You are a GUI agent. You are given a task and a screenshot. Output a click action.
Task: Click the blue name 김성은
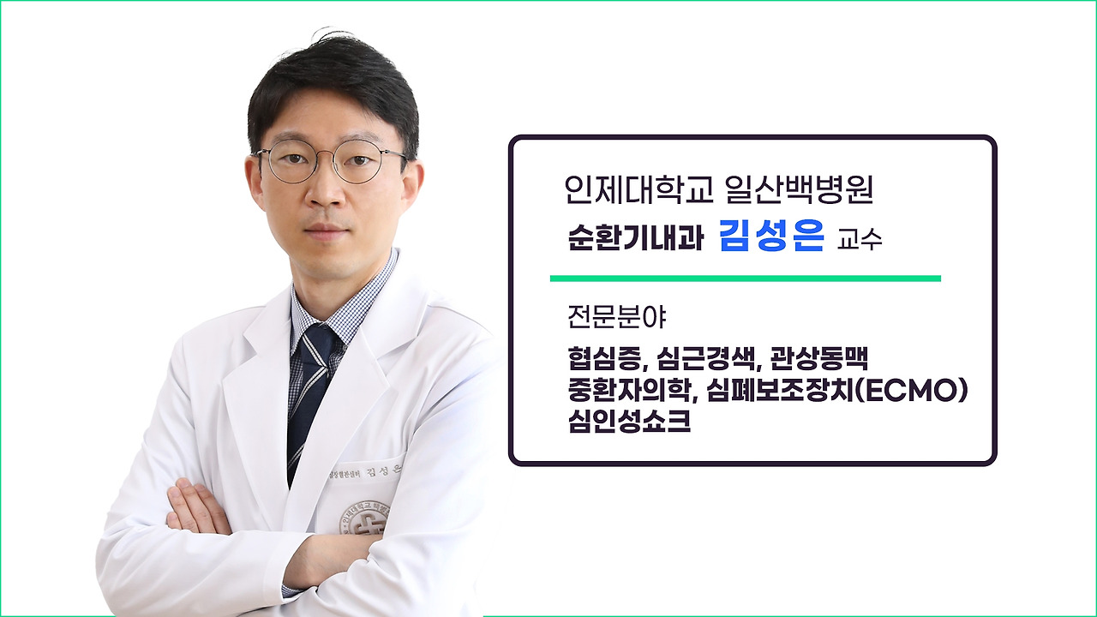(771, 236)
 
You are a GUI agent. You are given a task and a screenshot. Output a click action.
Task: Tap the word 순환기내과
(635, 239)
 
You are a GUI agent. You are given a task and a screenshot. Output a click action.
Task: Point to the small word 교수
(860, 241)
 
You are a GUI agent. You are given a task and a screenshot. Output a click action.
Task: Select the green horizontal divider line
(745, 279)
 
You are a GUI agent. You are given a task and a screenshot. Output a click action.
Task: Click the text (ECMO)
(912, 391)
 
